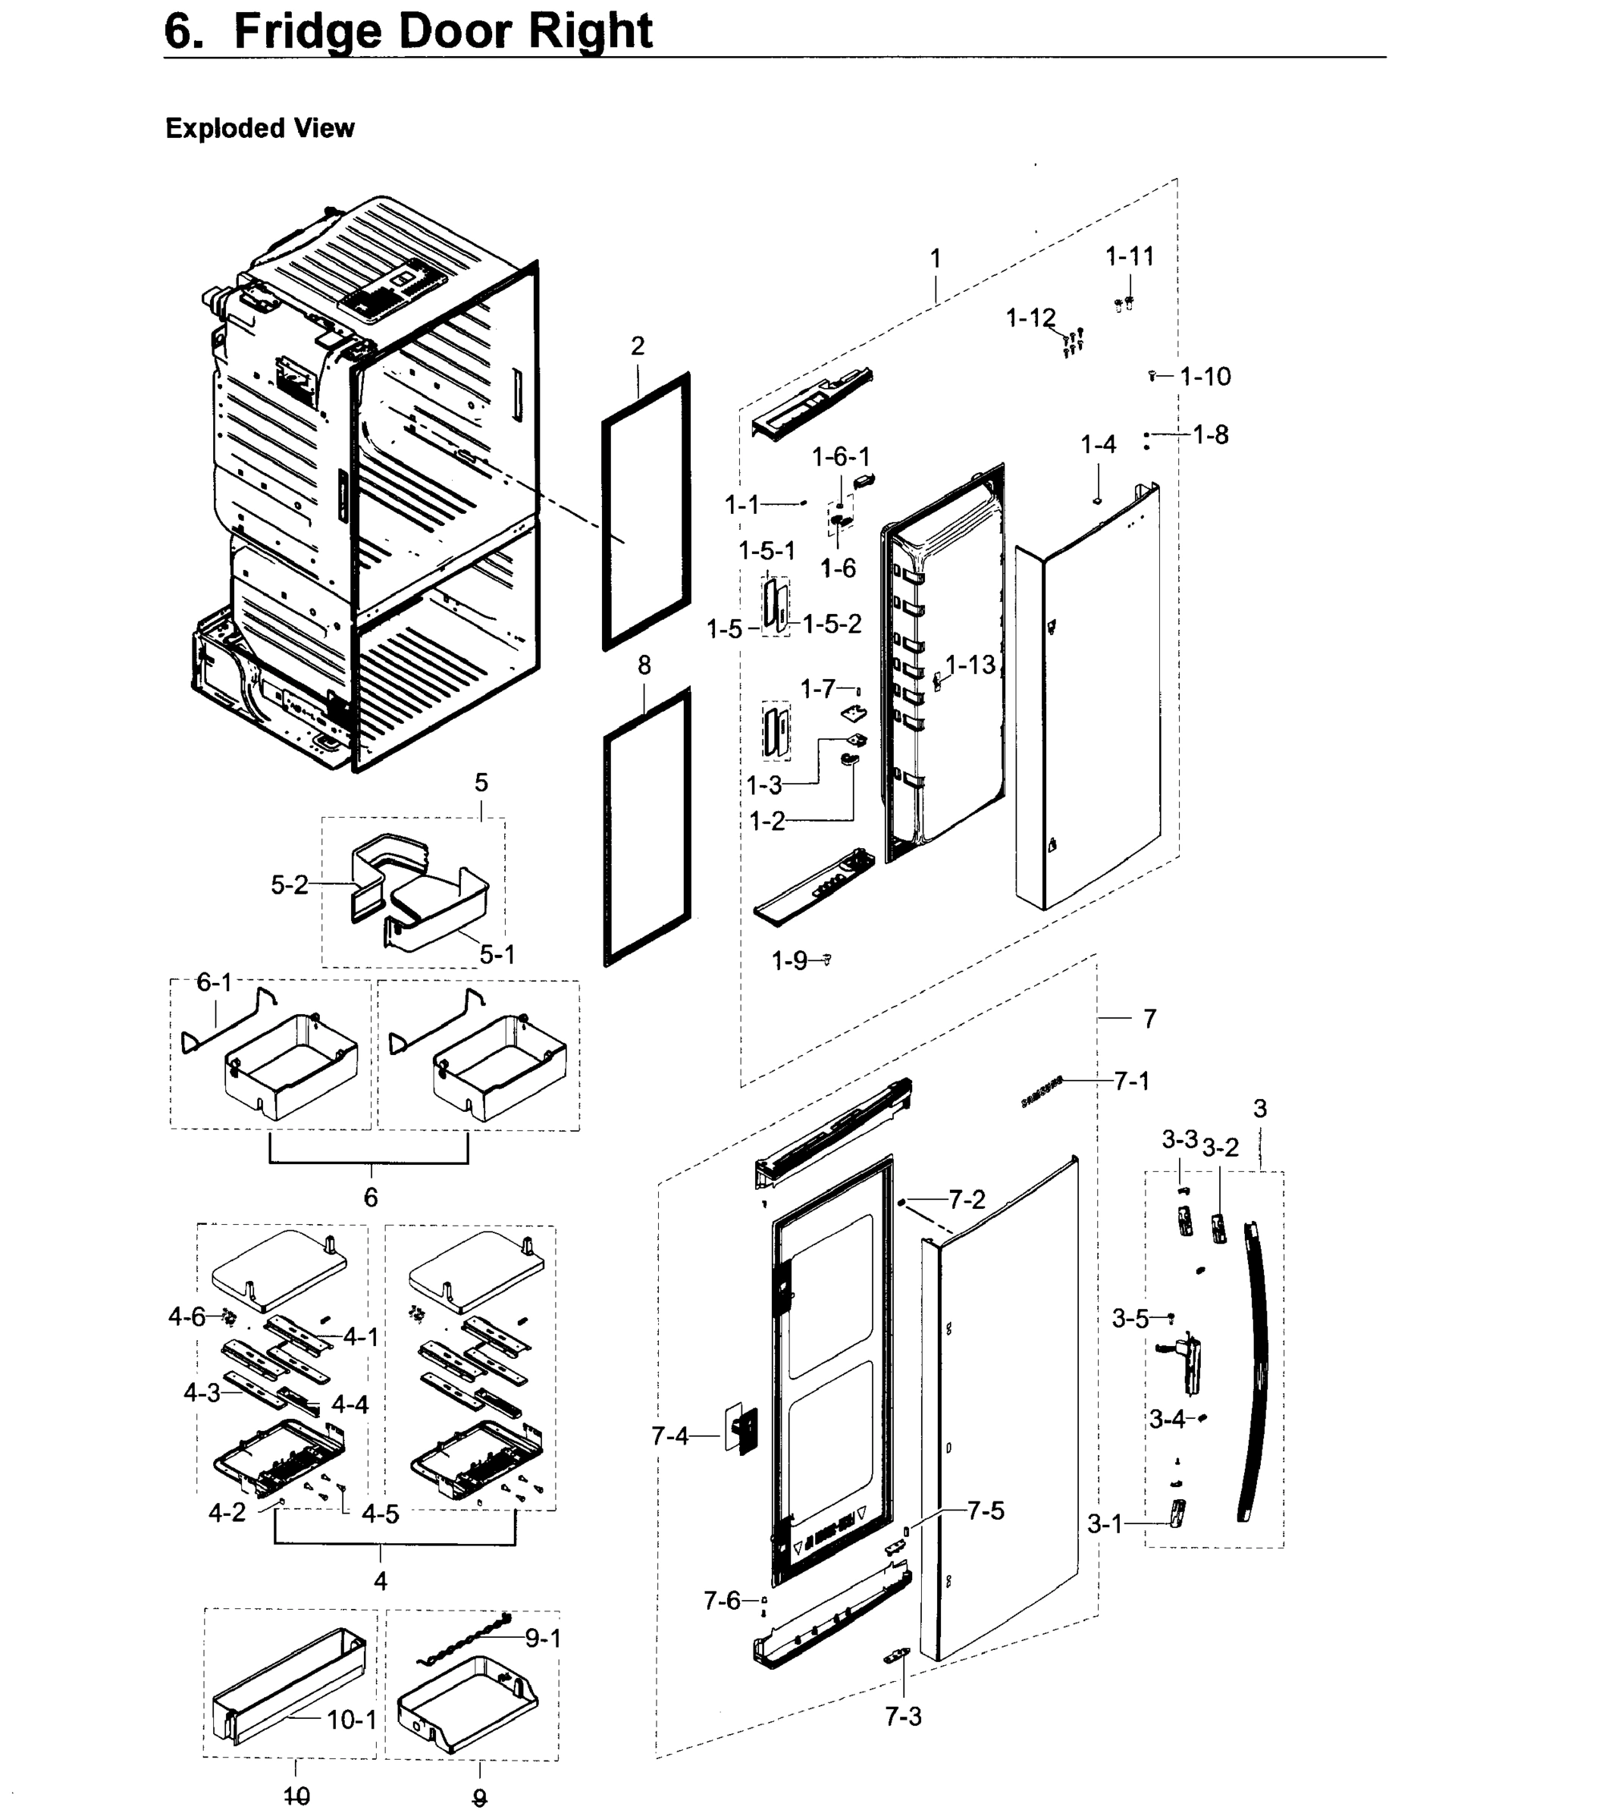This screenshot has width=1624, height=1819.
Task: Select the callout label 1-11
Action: pyautogui.click(x=1130, y=256)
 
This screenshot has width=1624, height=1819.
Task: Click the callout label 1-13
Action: pyautogui.click(x=970, y=665)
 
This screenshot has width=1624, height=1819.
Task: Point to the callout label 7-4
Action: pyautogui.click(x=670, y=1436)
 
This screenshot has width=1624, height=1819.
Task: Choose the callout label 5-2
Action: pyautogui.click(x=289, y=885)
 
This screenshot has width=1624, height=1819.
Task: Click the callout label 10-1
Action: pyautogui.click(x=352, y=1720)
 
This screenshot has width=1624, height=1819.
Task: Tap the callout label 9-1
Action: pyautogui.click(x=543, y=1638)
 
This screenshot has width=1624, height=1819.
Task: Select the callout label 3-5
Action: pyautogui.click(x=1130, y=1319)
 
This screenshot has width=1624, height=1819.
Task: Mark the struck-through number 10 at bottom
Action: pyautogui.click(x=296, y=1796)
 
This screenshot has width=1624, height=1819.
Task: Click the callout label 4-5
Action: pyautogui.click(x=380, y=1514)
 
